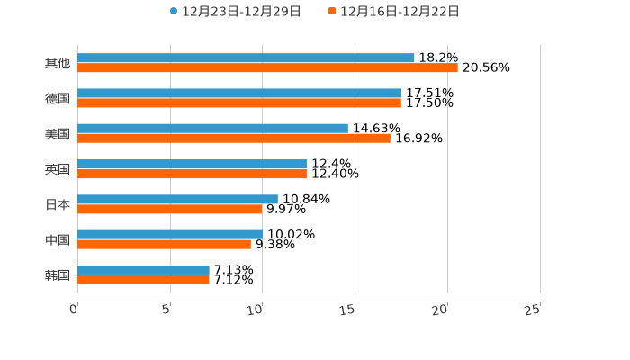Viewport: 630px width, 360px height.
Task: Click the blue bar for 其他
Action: click(246, 58)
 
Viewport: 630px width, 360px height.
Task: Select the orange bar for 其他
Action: click(267, 68)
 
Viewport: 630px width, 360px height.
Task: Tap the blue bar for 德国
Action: click(239, 94)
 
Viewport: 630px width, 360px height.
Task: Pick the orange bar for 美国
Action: click(234, 139)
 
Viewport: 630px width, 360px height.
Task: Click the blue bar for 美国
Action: click(212, 129)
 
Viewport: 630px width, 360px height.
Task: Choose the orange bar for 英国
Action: click(192, 174)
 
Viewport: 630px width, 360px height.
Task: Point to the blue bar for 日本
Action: click(177, 199)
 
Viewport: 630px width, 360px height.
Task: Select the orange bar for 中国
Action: click(164, 244)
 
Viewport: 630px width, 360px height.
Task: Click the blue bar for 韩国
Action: click(143, 270)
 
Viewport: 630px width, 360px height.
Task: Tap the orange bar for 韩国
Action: click(143, 280)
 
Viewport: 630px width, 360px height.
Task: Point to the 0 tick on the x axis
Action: click(75, 310)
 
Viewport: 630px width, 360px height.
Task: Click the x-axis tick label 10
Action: click(257, 310)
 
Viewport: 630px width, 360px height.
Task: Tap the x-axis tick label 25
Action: click(533, 310)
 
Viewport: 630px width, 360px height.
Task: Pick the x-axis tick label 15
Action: click(348, 310)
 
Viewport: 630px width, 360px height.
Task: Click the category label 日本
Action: click(58, 204)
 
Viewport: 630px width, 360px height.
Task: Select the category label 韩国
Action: click(58, 274)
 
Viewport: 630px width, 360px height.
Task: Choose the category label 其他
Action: click(58, 63)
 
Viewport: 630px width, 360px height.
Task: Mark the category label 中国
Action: click(58, 239)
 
